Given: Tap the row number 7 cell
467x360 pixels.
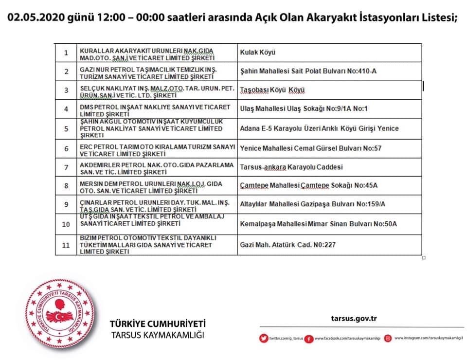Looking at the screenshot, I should point(66,167).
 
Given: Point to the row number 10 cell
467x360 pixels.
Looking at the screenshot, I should point(66,224).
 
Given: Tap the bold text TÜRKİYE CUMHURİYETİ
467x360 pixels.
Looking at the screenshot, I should point(158,324).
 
